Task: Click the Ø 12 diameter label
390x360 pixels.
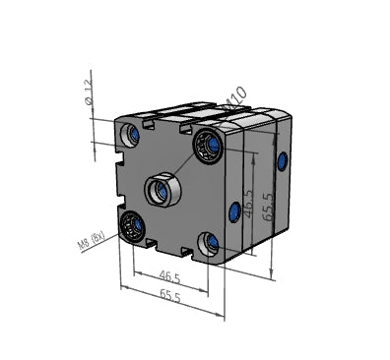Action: tap(89, 92)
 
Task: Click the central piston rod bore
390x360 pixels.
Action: tap(162, 189)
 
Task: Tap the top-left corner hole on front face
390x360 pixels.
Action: tap(131, 133)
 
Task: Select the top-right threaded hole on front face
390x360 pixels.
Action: tap(208, 147)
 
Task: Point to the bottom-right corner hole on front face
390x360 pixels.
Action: tap(211, 242)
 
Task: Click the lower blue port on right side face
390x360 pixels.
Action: tap(234, 210)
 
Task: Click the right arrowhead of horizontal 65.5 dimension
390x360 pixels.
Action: tap(222, 317)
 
